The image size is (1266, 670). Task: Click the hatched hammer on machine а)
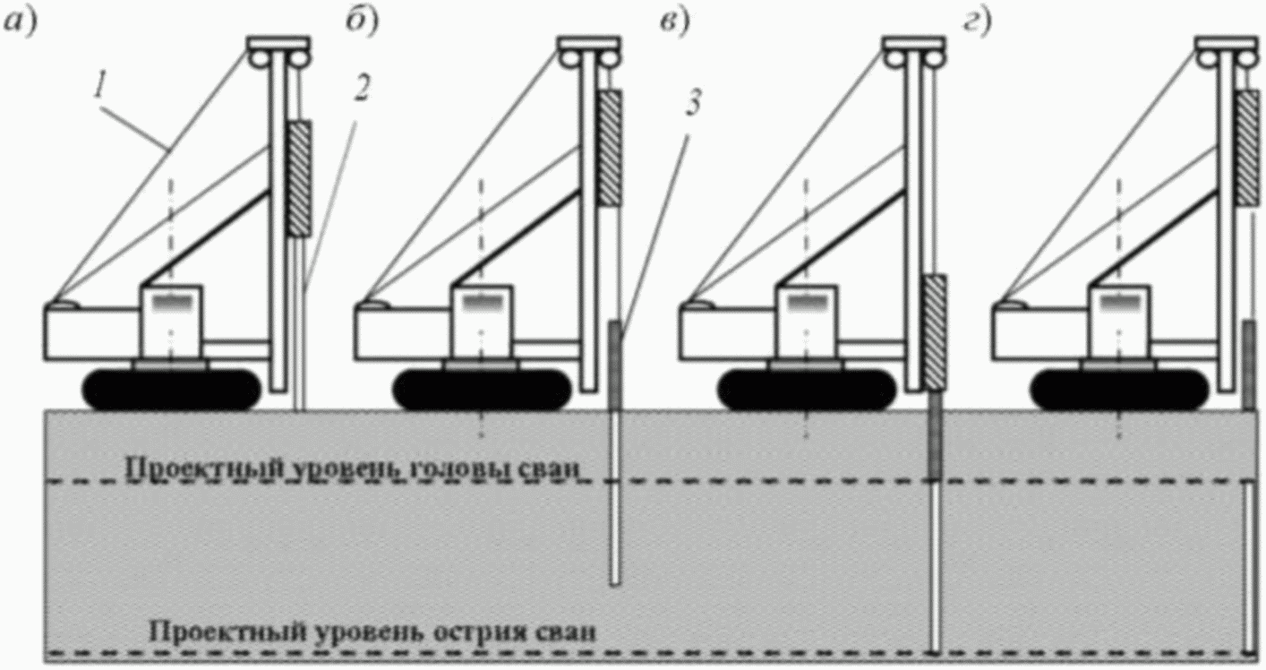tap(299, 178)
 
